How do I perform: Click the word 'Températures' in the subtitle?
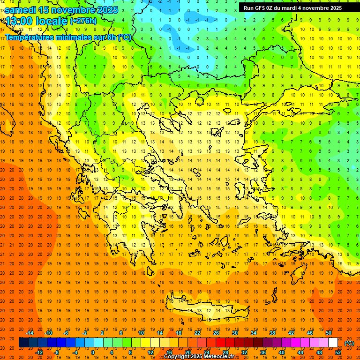[30, 37]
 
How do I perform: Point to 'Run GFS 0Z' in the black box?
[260, 8]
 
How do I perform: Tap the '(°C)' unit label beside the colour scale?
[349, 343]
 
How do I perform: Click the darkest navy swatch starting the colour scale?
[23, 343]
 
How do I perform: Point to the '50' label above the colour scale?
[329, 333]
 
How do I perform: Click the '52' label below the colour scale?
[338, 352]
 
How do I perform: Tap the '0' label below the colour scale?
[92, 352]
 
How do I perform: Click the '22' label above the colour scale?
[197, 333]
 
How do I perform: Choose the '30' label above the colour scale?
[235, 333]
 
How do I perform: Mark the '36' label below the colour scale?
[263, 352]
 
